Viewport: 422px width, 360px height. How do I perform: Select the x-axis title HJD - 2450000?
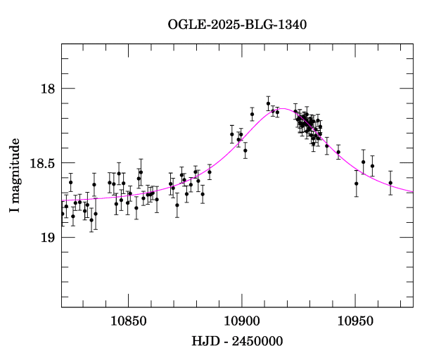237,341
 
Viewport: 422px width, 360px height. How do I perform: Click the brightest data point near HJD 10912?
268,104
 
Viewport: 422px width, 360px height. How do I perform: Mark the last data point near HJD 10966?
390,183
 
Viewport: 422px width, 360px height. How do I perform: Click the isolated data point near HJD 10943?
338,153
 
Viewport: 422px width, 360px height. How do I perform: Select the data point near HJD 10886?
210,172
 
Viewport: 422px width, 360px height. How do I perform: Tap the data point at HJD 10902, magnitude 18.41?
245,150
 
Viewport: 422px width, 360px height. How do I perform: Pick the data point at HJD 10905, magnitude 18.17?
252,114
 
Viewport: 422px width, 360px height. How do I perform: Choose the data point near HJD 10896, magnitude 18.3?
231,134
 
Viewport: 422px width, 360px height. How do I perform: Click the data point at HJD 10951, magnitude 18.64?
357,184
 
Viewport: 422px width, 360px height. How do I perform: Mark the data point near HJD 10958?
372,167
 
